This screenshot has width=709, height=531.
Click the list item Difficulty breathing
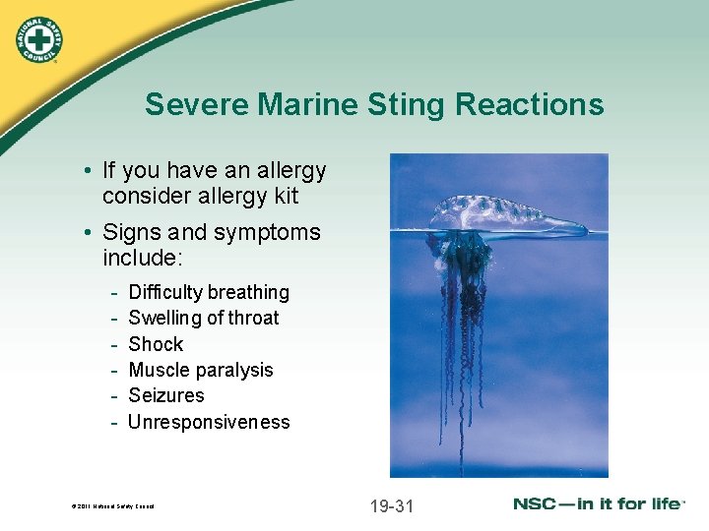(209, 292)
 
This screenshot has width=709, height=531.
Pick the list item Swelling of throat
(204, 318)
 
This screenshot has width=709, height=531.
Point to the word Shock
(156, 344)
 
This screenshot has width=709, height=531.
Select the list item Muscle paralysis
(201, 370)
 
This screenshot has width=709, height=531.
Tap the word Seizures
(166, 395)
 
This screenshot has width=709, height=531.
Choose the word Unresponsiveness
(209, 422)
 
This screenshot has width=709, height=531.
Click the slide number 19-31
(391, 506)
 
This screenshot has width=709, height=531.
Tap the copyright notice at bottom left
(113, 507)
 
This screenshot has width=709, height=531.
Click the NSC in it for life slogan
(598, 503)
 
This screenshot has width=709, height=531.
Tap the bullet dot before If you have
(88, 171)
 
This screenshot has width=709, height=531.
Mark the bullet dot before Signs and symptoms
(88, 233)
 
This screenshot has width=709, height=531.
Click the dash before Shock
(115, 344)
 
